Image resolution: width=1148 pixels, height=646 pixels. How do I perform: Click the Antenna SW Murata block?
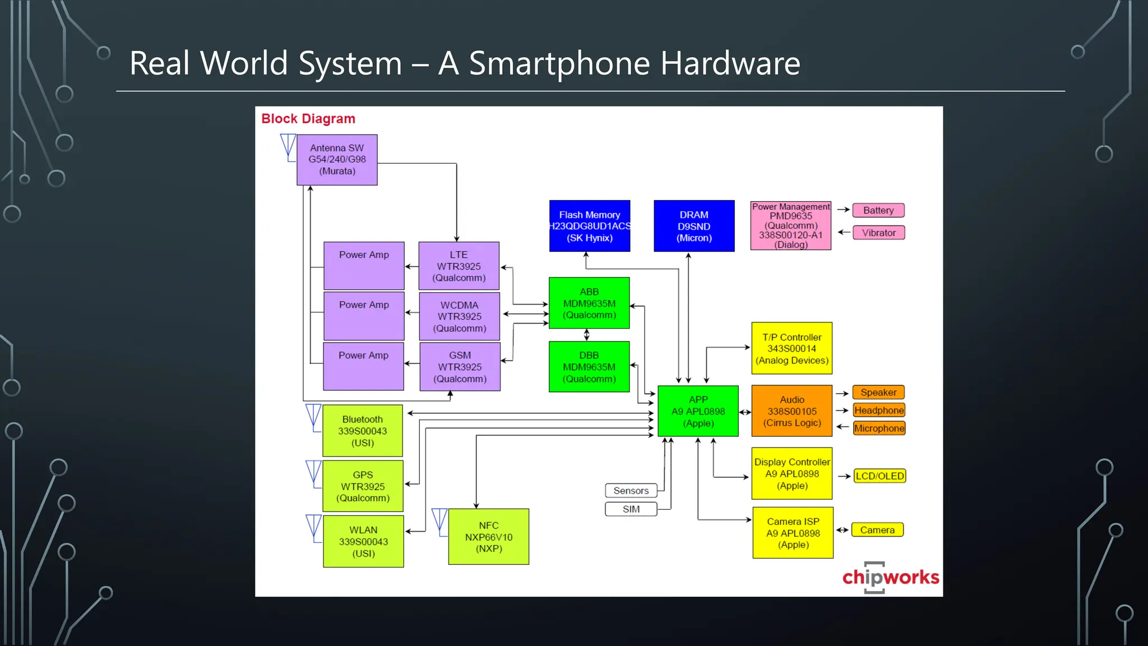337,160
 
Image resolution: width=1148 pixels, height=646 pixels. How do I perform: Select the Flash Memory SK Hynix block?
589,226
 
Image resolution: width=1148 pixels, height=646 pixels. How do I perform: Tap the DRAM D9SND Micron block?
694,226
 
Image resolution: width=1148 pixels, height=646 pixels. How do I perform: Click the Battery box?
878,210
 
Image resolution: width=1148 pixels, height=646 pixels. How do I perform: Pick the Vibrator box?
878,233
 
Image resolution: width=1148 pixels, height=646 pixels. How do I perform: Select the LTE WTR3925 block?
459,266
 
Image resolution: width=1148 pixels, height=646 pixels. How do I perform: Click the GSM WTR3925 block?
460,367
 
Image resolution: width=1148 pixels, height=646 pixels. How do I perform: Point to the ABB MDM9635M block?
589,303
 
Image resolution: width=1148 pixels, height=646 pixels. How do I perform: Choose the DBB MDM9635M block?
589,367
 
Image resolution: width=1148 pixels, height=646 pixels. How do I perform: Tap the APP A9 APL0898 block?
698,411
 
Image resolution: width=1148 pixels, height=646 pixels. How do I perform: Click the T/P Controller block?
791,348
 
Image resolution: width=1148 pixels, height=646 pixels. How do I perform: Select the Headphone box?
878,410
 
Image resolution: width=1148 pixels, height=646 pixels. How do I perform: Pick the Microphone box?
878,428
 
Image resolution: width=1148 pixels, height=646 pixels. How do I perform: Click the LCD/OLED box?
879,476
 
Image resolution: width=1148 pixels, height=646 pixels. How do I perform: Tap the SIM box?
631,509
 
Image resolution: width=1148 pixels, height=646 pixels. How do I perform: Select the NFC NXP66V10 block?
488,537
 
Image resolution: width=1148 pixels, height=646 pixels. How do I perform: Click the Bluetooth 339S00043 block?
363,431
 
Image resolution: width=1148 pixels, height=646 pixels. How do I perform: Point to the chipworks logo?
890,577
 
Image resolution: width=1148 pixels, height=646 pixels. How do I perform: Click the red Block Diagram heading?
308,119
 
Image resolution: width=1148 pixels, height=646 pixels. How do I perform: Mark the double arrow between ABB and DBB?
587,335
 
